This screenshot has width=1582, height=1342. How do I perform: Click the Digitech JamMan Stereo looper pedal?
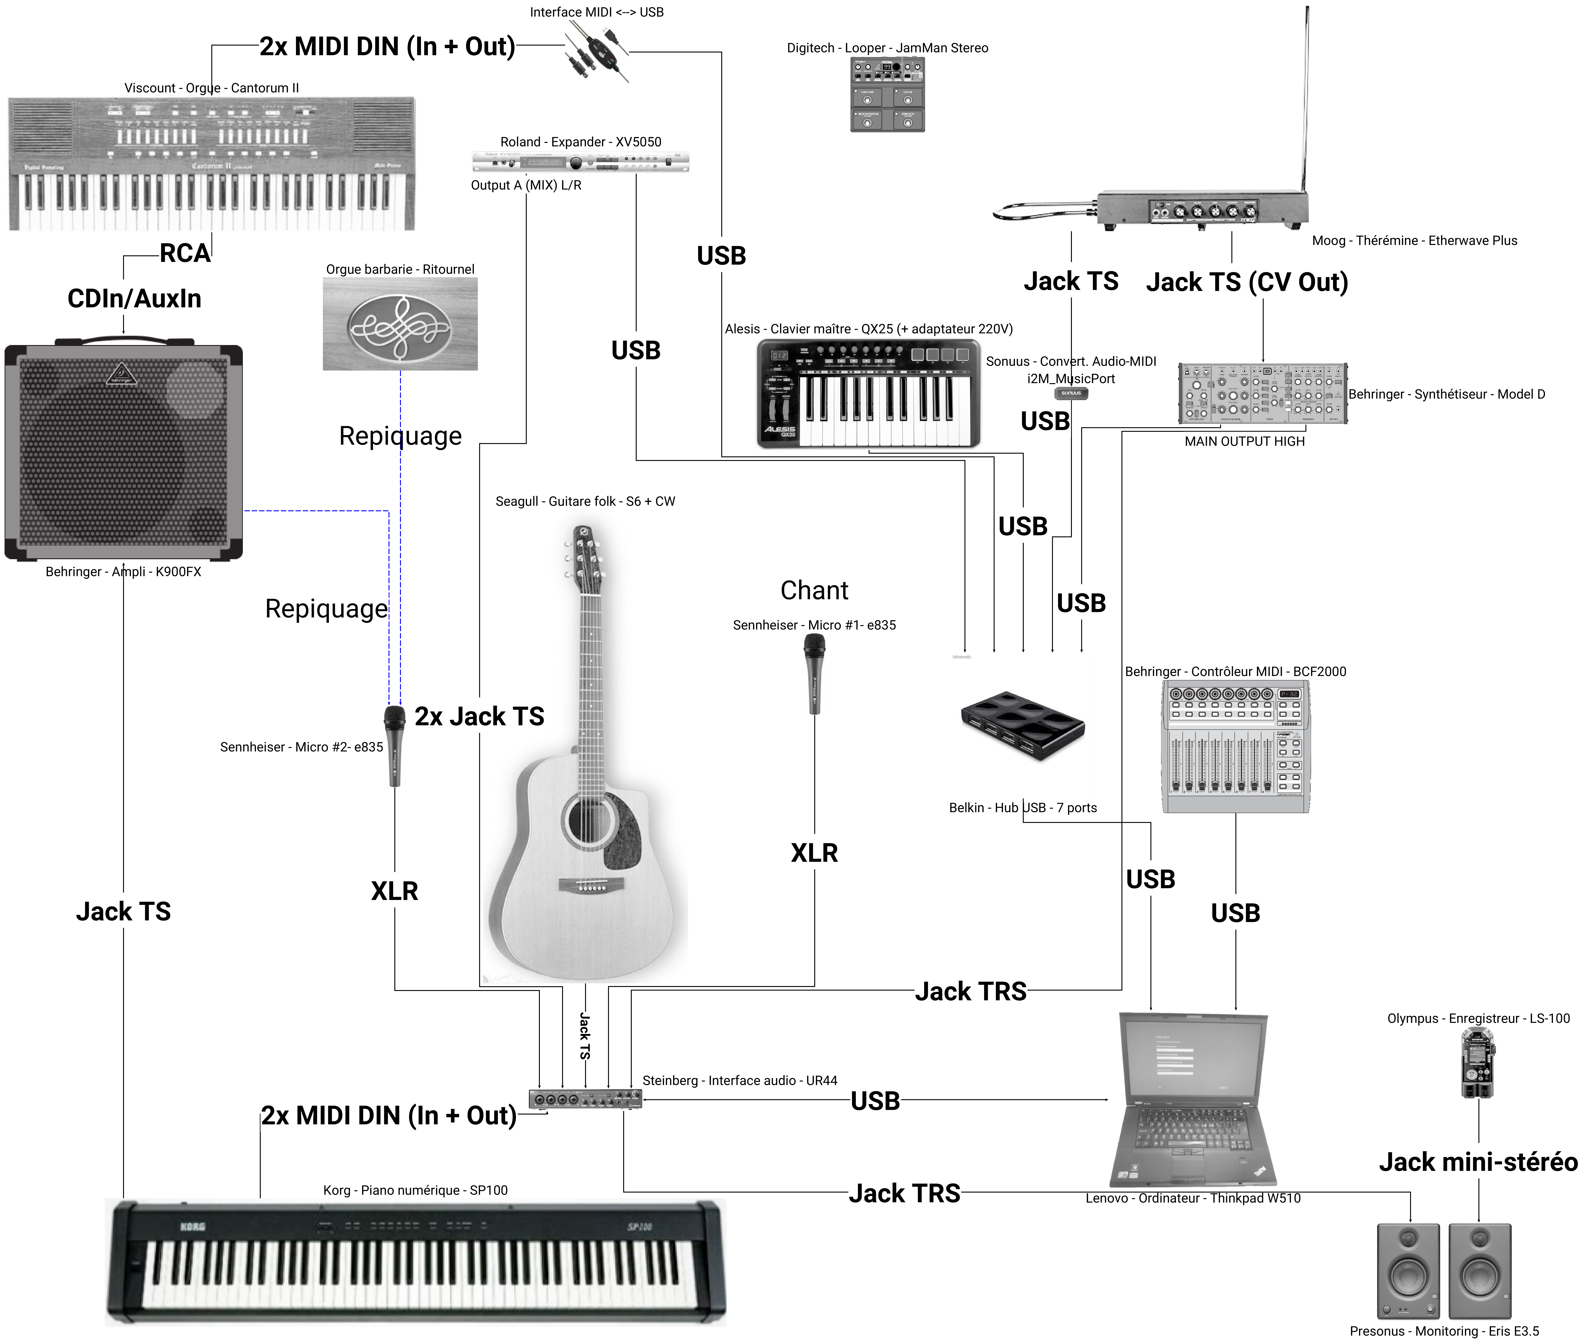click(x=887, y=94)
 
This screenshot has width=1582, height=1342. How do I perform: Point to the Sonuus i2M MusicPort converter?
click(x=1071, y=393)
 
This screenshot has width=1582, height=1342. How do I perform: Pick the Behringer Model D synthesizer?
click(x=1262, y=393)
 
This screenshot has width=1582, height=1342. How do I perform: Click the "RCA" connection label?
click(x=184, y=253)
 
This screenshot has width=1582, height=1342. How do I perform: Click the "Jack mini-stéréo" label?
click(x=1478, y=1162)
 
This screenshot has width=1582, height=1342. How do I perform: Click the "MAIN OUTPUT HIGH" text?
click(x=1244, y=441)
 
